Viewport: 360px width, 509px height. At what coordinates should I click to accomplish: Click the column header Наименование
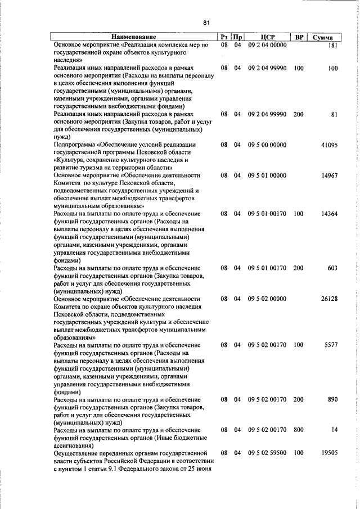[x=133, y=37]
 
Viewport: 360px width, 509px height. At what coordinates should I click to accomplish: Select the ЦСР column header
[x=267, y=37]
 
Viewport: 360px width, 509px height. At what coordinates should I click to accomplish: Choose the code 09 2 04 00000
[x=267, y=44]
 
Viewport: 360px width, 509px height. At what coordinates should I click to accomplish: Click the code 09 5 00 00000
[x=267, y=146]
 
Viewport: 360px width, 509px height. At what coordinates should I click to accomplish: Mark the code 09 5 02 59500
[x=267, y=453]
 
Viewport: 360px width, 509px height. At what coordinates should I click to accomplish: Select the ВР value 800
[x=298, y=430]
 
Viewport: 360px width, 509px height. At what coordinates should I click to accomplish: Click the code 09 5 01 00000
[x=267, y=175]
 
